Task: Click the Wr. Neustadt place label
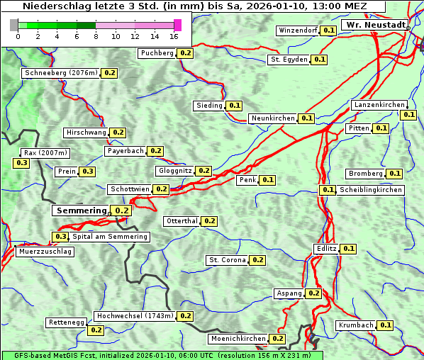tap(375, 25)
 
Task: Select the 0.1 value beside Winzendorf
tap(328, 30)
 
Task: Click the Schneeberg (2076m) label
tap(60, 73)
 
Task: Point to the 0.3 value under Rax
tap(22, 163)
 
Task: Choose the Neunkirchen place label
tap(273, 118)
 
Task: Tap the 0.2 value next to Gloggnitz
tap(203, 171)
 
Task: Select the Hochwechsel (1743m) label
tap(135, 316)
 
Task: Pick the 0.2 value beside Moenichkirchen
tap(278, 339)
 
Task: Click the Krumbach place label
tap(356, 325)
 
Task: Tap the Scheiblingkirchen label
tap(370, 190)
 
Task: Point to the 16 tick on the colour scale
tap(174, 36)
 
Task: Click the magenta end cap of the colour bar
tap(177, 26)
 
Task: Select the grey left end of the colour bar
tap(14, 26)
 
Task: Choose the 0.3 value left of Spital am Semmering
tap(61, 237)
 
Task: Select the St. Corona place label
tap(227, 260)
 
